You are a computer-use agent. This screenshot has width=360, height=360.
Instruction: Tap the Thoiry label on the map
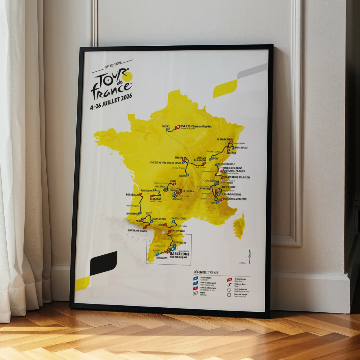166,126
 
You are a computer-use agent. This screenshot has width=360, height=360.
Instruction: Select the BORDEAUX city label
132,195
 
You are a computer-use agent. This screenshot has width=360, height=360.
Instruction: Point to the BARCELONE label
180,254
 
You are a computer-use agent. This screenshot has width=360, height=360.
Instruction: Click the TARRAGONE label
161,258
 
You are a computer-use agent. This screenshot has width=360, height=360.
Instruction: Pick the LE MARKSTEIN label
225,139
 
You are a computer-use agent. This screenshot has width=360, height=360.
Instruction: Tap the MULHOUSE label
241,148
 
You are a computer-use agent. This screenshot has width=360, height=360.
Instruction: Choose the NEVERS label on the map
179,158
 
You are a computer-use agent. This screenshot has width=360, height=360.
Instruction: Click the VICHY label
182,176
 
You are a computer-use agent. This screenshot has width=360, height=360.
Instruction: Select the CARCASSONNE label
179,219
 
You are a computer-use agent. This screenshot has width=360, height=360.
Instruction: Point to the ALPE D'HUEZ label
228,187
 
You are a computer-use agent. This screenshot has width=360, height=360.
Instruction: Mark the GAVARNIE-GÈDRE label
137,230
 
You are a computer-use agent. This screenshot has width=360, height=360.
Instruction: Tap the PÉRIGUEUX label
146,191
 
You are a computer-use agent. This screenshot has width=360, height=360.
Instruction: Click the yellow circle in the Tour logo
128,76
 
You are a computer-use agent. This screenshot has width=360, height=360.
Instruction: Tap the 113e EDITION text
112,65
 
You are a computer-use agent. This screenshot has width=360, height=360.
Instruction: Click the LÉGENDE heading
200,272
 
